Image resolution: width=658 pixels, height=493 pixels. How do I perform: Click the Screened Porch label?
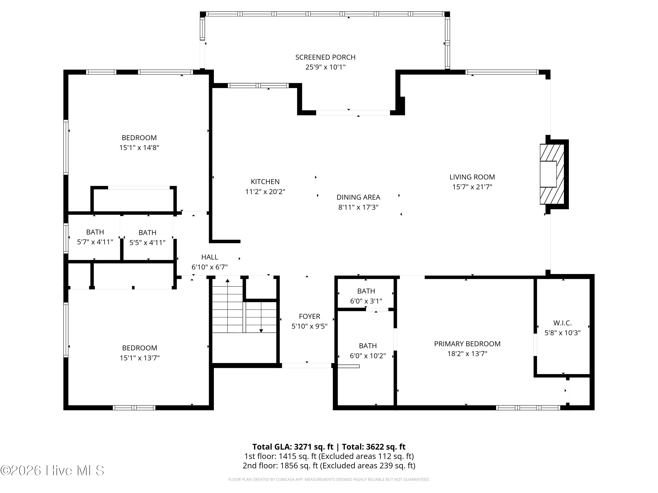click(325, 57)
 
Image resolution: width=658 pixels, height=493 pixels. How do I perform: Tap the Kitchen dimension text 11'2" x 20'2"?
click(265, 192)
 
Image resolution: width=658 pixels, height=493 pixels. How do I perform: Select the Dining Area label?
click(358, 197)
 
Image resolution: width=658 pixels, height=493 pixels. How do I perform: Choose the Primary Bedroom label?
click(467, 344)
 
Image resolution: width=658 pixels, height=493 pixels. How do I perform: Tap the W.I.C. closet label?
click(563, 323)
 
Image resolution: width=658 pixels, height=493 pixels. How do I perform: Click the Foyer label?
click(309, 316)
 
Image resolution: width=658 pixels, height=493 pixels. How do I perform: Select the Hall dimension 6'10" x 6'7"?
click(210, 267)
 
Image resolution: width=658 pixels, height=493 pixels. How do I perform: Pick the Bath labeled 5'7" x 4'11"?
click(95, 232)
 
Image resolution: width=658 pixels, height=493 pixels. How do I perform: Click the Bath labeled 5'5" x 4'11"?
click(148, 233)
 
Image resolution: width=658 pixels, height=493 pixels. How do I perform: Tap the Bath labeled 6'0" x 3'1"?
click(366, 291)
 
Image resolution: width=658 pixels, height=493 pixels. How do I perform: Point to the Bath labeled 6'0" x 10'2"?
click(368, 346)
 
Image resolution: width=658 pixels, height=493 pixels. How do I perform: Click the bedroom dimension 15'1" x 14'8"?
click(139, 148)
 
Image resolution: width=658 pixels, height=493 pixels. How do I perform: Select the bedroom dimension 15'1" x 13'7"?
click(139, 358)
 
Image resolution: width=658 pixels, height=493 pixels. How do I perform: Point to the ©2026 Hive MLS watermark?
click(52, 470)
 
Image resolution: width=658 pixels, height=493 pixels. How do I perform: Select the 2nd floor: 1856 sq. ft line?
click(329, 466)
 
